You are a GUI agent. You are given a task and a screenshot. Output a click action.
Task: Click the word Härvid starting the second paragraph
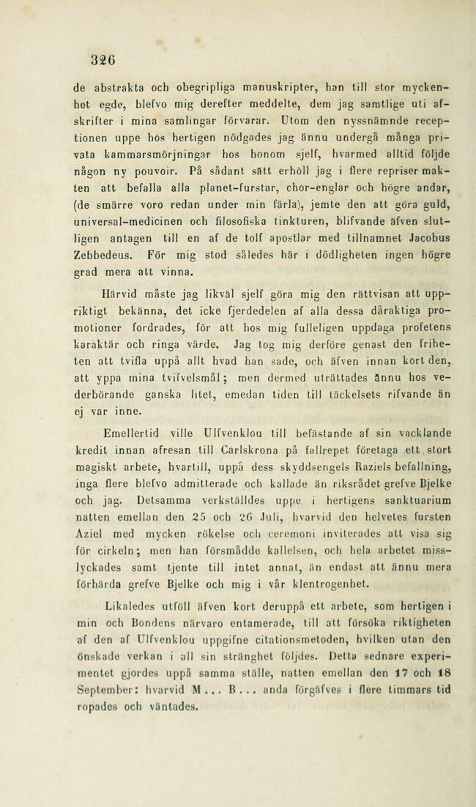pyautogui.click(x=108, y=290)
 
